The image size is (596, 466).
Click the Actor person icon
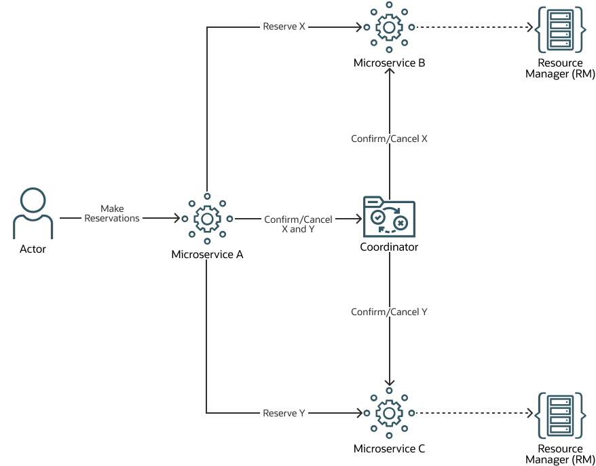point(33,213)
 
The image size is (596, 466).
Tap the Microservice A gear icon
point(207,219)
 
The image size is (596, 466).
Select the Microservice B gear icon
point(389,28)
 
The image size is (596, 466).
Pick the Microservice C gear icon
point(389,412)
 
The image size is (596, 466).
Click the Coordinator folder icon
point(389,217)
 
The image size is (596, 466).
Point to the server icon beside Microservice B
point(560,29)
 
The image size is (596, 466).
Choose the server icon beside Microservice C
point(560,414)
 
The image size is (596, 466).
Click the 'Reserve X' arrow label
point(284,27)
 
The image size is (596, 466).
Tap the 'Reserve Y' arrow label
point(284,412)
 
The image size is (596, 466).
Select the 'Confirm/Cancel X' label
point(389,138)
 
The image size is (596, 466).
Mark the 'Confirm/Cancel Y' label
point(389,312)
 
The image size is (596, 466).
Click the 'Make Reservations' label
point(112,213)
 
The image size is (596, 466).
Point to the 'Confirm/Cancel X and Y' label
point(297,224)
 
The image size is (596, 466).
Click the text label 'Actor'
point(33,249)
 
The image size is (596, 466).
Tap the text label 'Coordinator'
point(389,247)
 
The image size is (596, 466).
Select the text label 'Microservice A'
point(207,255)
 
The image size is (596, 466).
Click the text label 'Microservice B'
point(389,63)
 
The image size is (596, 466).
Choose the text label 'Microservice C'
point(389,448)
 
